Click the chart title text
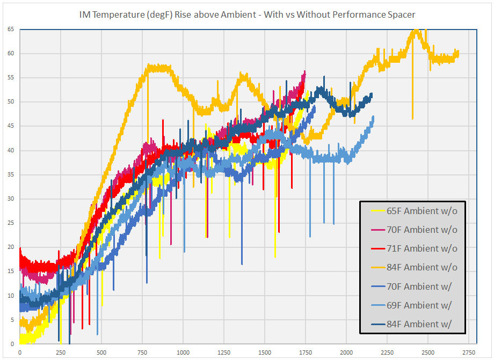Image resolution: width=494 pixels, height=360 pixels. pos(247,14)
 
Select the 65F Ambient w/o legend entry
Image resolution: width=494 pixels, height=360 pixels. pos(422,211)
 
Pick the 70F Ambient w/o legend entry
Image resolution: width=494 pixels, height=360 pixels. pos(422,230)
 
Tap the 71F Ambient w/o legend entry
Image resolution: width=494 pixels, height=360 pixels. pos(422,248)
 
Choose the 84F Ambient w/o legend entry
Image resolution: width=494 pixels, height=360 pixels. pos(422,267)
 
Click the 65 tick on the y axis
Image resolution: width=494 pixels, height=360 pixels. pos(11,29)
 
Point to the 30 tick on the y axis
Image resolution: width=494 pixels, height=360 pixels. pos(11,199)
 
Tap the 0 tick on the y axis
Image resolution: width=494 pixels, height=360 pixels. pos(12,344)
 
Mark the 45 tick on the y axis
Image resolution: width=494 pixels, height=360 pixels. pos(11,126)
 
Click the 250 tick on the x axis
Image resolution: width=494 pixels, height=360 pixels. pos(61,353)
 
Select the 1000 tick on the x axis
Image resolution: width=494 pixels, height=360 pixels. pos(183,353)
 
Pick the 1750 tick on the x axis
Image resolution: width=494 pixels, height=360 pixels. pos(306,353)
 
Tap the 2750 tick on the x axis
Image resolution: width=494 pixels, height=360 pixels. pos(469,353)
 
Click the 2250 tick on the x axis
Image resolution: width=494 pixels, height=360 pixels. pos(387,353)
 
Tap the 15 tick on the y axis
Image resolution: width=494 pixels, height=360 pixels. pos(11,271)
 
